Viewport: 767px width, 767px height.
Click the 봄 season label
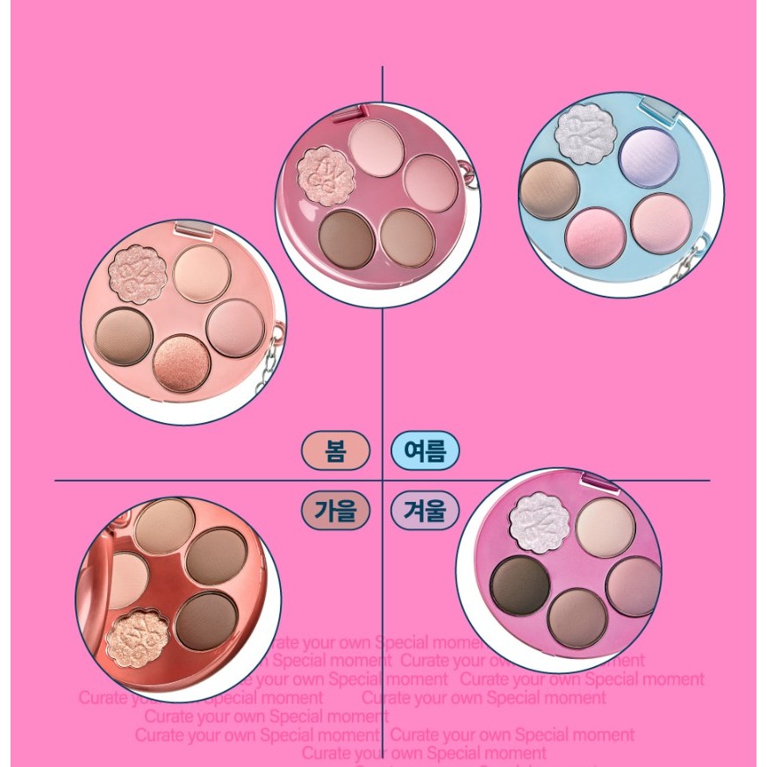point(335,452)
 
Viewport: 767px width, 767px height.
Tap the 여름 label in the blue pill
point(425,452)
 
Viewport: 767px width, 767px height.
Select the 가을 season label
point(335,510)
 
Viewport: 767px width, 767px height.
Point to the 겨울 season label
point(425,510)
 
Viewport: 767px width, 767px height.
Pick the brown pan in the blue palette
point(549,189)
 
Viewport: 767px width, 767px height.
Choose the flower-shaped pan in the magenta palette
point(540,521)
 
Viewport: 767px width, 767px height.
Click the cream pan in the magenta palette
point(606,527)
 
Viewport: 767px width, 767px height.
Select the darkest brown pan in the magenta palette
point(520,585)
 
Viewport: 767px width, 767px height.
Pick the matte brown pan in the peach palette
point(125,336)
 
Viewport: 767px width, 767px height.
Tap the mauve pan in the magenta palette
point(632,585)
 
